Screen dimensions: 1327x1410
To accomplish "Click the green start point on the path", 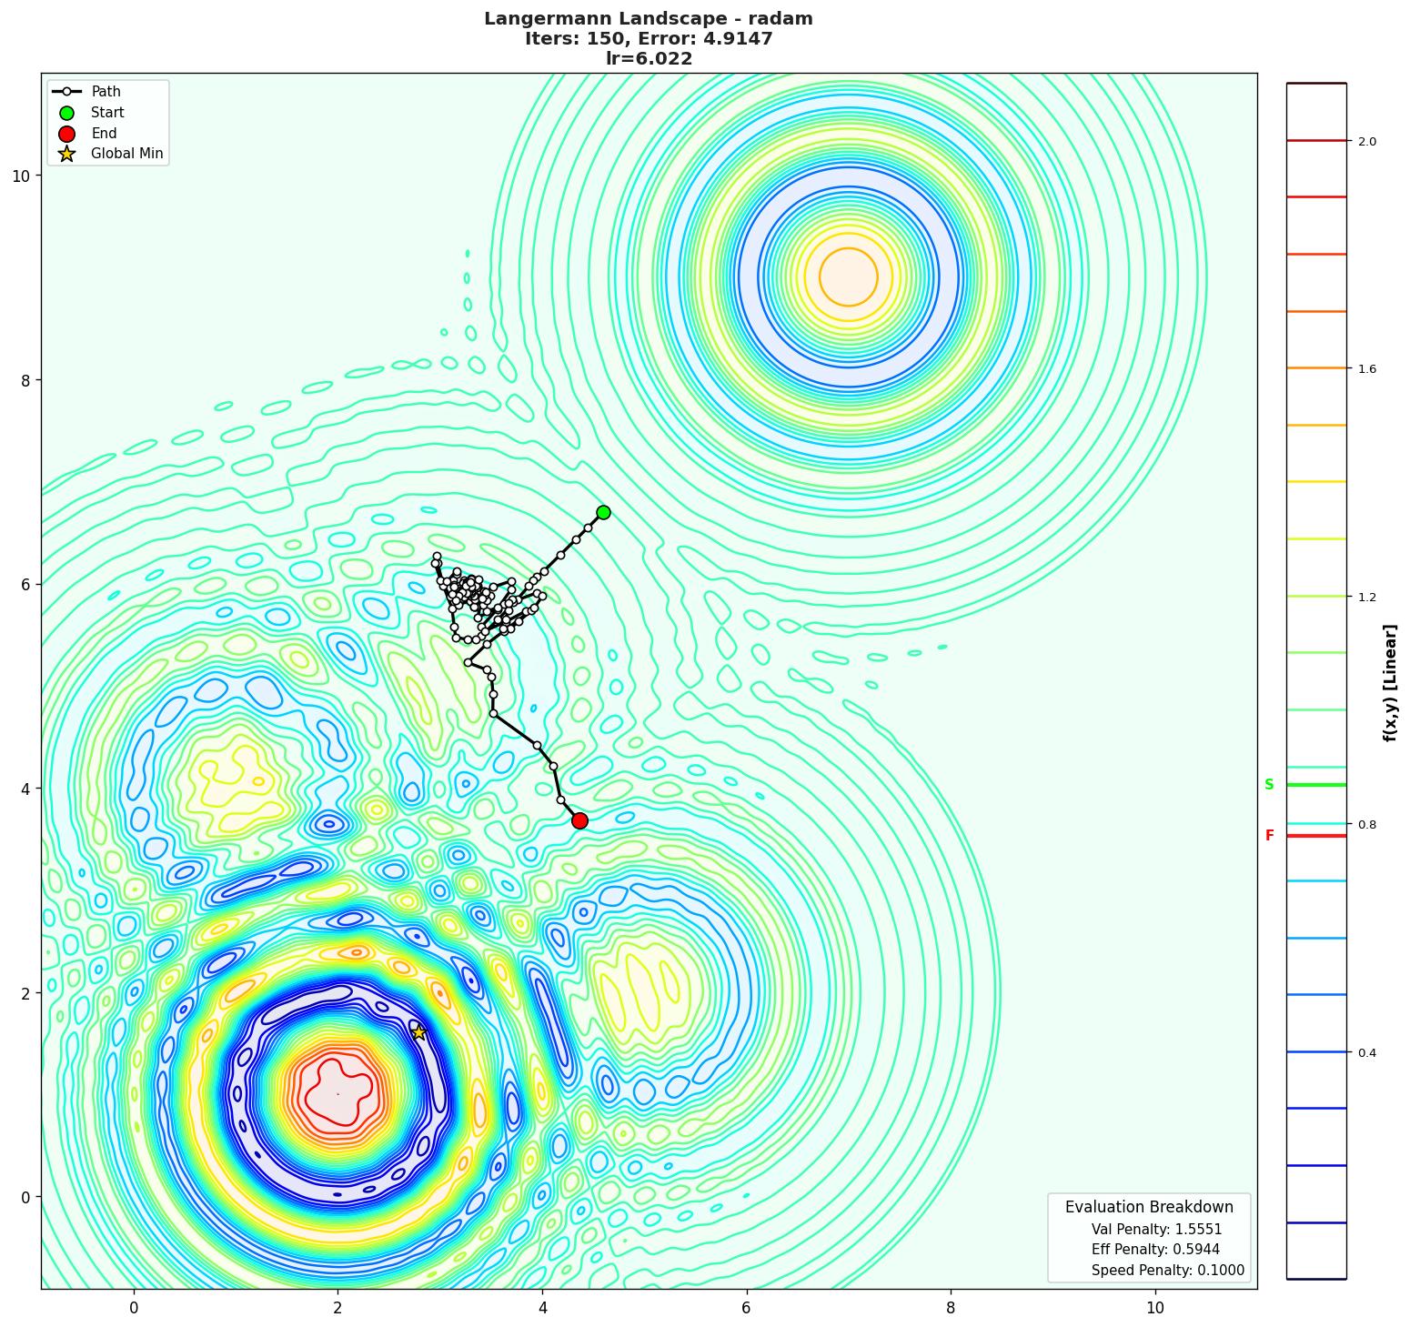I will coord(603,512).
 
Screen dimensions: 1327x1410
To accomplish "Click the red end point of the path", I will coord(579,820).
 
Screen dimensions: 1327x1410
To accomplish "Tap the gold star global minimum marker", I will coord(418,1032).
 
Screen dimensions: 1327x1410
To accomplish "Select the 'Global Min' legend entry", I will coord(126,154).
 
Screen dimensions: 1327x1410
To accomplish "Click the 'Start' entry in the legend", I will coord(107,113).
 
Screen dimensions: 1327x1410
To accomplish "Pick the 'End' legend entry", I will coord(104,134).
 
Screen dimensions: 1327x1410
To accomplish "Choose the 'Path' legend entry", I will coord(106,92).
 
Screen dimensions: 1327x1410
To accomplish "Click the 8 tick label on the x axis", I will coord(951,1308).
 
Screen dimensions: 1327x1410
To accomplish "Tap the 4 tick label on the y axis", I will coord(25,789).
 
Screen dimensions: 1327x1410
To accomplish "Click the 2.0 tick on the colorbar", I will coord(1366,141).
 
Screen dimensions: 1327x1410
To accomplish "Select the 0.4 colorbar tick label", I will coord(1366,1053).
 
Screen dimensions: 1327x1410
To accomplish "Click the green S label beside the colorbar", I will coord(1269,785).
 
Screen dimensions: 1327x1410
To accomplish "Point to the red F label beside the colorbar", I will coord(1269,836).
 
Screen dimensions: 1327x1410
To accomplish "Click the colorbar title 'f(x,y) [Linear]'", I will coord(1390,682).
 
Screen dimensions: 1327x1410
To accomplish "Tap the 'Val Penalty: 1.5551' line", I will coord(1156,1229).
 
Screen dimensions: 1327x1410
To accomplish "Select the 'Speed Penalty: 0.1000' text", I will coord(1167,1271).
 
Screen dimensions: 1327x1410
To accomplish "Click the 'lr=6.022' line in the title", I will coord(649,59).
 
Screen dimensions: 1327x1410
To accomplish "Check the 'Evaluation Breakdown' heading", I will coord(1149,1207).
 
